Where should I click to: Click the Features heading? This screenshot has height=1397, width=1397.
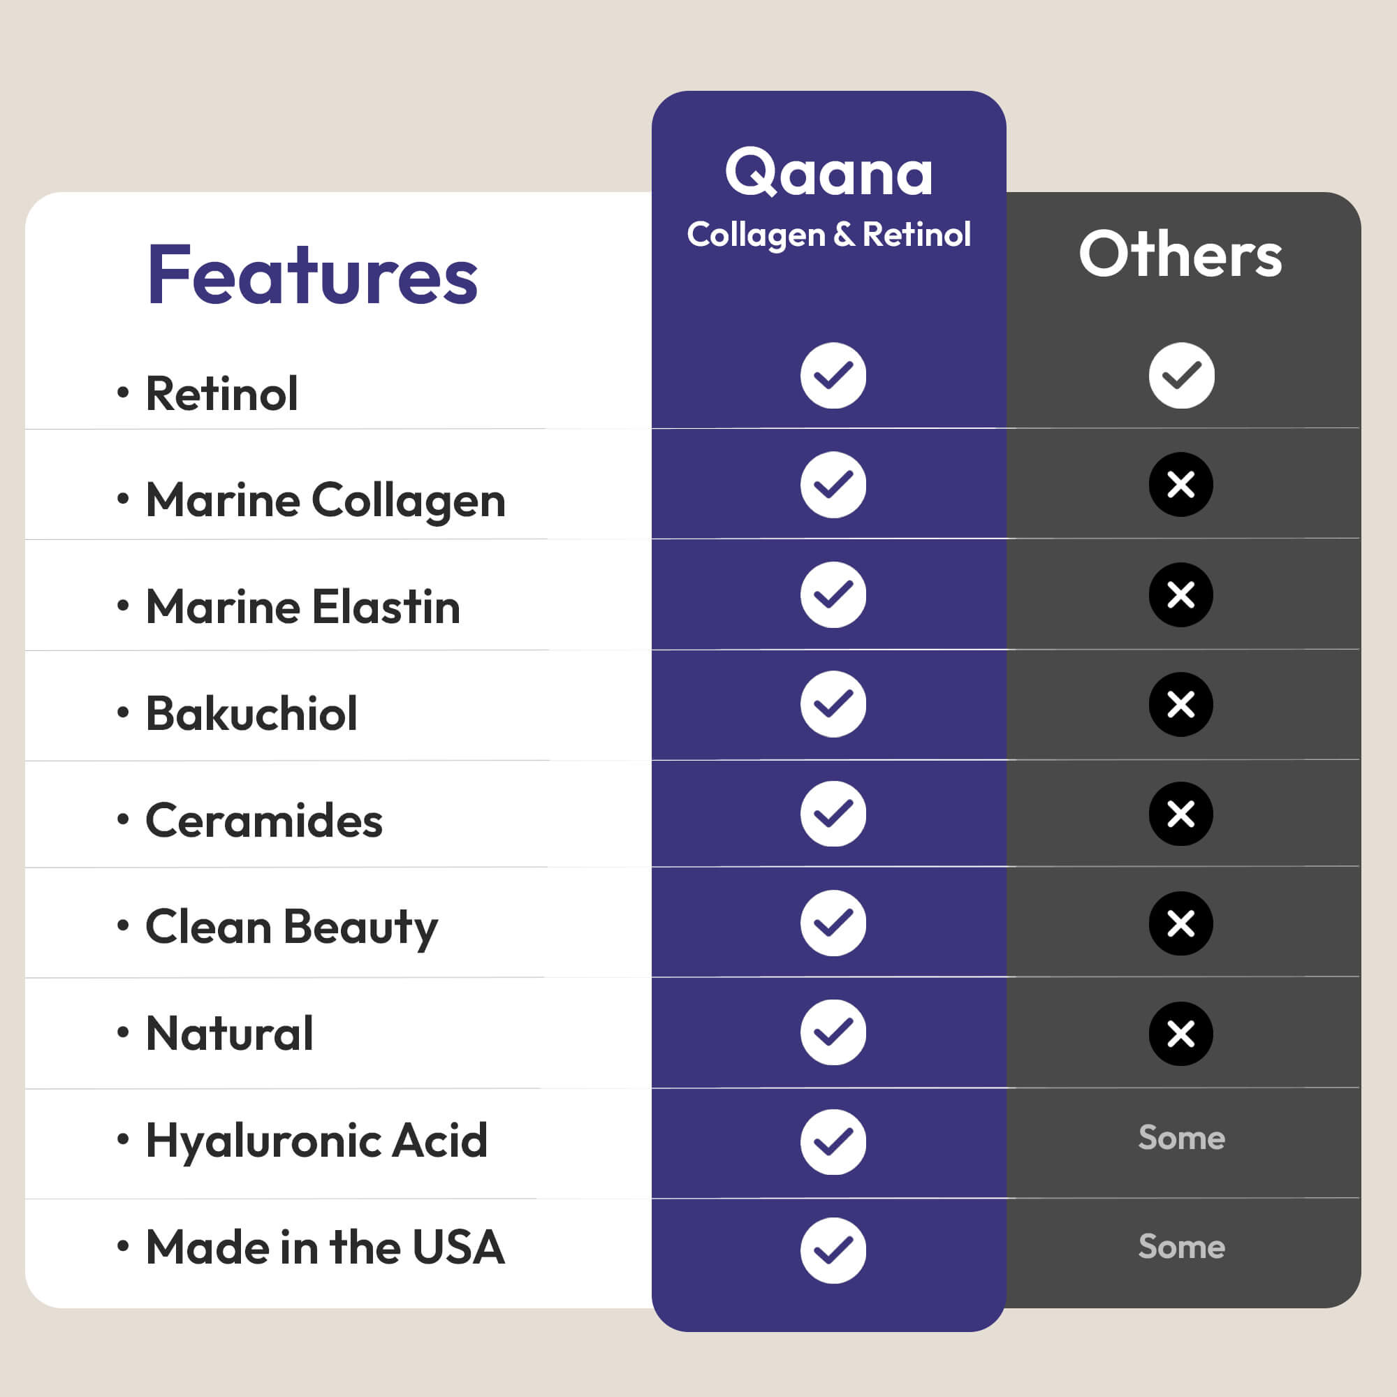click(312, 275)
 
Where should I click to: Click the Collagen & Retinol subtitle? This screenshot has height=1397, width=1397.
click(828, 235)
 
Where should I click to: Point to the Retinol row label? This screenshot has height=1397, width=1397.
click(222, 393)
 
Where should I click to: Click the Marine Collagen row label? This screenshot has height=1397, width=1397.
click(326, 500)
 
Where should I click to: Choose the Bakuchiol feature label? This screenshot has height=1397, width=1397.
click(251, 713)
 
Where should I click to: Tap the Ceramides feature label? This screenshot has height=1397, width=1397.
click(264, 820)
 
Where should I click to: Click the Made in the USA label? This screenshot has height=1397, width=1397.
click(326, 1248)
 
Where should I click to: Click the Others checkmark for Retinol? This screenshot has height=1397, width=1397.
click(1182, 375)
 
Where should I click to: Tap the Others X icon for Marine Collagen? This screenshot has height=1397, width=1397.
click(1180, 485)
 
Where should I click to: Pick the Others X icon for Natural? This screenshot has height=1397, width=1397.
click(1180, 1034)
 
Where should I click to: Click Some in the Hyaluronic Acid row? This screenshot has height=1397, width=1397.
click(1182, 1137)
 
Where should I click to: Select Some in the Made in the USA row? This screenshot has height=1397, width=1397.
click(1182, 1247)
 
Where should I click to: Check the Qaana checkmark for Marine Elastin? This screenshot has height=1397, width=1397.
click(833, 594)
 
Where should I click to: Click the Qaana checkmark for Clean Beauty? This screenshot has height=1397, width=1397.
click(833, 923)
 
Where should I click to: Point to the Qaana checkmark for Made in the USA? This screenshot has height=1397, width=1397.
click(833, 1250)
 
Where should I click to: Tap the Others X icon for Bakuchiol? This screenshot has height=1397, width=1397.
click(1180, 704)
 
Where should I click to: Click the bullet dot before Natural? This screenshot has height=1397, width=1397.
click(123, 1032)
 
